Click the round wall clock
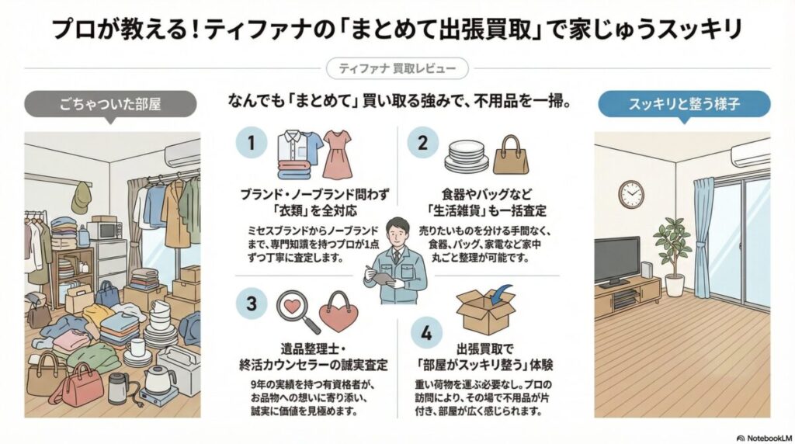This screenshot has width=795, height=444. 631,194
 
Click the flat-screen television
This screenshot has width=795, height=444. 617,259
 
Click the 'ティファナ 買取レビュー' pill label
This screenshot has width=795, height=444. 397,69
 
